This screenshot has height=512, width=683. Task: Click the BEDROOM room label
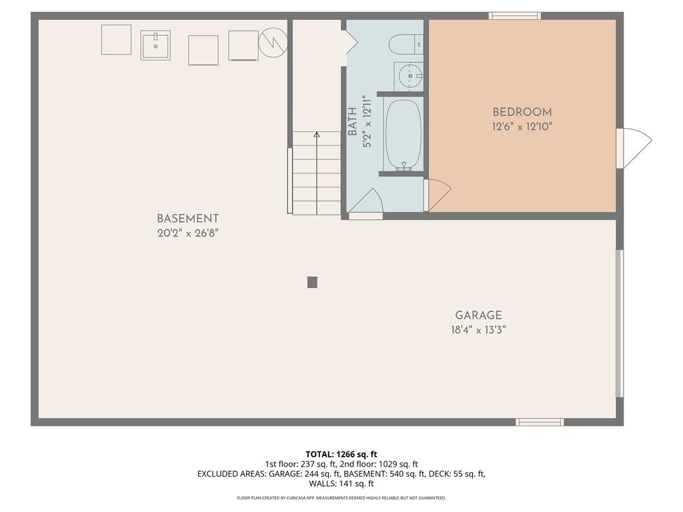522,113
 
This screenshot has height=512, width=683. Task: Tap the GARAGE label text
478,315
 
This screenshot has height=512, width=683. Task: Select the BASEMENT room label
187,219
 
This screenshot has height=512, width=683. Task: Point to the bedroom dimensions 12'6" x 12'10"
522,126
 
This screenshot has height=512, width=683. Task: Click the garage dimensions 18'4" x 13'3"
478,329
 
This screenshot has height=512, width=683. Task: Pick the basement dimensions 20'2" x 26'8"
187,233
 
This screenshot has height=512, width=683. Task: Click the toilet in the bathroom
406,43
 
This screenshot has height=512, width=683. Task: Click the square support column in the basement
312,282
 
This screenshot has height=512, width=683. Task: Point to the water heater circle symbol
273,41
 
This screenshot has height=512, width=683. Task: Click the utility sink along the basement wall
155,45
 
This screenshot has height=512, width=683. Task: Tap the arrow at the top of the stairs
317,135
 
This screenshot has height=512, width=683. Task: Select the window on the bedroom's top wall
514,15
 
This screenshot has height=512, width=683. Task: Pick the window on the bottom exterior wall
540,422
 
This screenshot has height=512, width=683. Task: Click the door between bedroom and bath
437,195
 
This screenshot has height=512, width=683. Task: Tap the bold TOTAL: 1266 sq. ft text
341,454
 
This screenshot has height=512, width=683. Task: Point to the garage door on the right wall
619,323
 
